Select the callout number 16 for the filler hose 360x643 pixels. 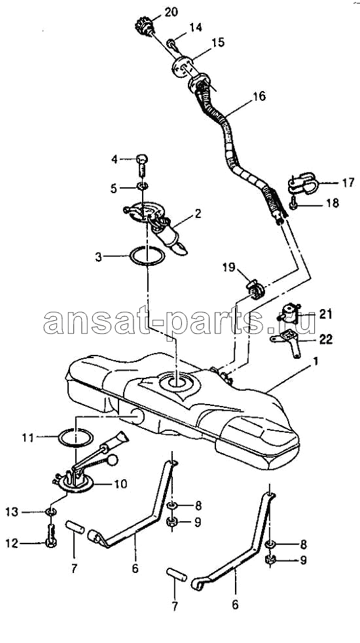(259, 97)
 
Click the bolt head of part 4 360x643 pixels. (141, 158)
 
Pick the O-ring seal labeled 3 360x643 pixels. (147, 256)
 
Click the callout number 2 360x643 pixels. (198, 213)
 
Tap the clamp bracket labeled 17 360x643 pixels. (304, 183)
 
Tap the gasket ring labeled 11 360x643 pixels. (75, 438)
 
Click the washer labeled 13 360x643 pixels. (51, 512)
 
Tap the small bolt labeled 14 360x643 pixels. (171, 43)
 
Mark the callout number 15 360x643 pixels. (219, 43)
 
